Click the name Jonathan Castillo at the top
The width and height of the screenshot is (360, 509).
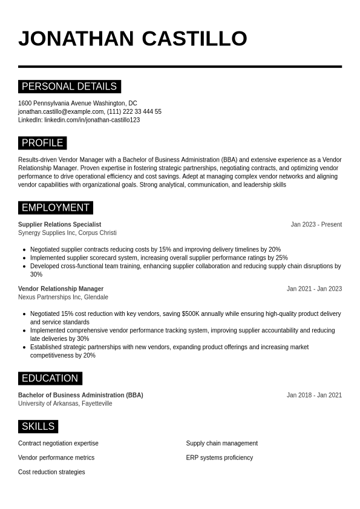133,38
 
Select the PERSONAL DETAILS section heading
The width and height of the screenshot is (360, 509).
69,87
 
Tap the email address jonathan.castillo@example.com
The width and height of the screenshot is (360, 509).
61,112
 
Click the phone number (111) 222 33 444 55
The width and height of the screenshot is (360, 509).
134,112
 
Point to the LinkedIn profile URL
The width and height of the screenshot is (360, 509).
92,120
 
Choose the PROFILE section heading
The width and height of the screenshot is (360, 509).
42,143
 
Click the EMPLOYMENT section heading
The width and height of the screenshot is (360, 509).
55,208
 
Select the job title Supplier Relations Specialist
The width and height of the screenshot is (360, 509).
59,225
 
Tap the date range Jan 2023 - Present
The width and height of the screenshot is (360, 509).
316,225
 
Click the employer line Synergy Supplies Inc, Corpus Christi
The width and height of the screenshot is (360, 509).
67,233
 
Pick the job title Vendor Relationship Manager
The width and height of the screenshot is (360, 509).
61,289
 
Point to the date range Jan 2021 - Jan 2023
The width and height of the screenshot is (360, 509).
314,289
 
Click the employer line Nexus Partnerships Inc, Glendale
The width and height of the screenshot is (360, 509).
63,297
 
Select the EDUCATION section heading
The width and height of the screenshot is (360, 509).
50,378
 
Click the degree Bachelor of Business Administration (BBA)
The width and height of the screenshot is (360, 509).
80,395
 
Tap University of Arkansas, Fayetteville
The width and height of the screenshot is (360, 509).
65,404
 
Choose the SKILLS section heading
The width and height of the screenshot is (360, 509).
38,427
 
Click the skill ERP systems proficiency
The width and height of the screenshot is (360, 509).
219,458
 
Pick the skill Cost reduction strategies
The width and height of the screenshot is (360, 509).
51,472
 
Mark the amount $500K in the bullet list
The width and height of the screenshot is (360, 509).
191,314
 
